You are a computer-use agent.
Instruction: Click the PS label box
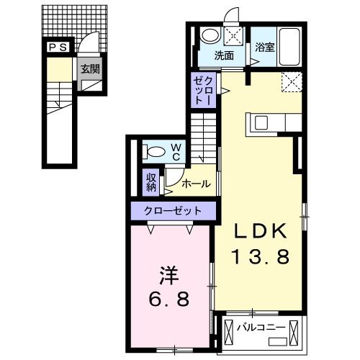(58, 47)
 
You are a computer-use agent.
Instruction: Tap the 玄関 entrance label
(90, 69)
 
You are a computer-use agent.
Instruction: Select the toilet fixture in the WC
(154, 152)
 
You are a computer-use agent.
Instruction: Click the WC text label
(176, 152)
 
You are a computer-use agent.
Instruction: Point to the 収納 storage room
(151, 182)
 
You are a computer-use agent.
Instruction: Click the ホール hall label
(197, 184)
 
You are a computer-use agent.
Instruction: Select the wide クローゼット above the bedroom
(173, 211)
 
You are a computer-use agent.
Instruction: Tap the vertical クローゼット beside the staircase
(204, 90)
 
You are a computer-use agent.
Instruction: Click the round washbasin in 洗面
(210, 35)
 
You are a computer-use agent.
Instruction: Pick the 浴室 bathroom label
(264, 47)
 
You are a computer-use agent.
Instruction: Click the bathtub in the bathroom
(290, 47)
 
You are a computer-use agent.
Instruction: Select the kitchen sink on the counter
(261, 122)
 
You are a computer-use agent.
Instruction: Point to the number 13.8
(261, 256)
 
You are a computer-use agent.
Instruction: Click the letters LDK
(261, 231)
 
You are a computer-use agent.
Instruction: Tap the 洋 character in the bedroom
(169, 276)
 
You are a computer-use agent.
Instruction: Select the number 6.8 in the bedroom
(169, 299)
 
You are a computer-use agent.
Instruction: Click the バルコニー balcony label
(261, 328)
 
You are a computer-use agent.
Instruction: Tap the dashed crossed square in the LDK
(292, 82)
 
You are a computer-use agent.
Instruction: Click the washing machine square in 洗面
(233, 36)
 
